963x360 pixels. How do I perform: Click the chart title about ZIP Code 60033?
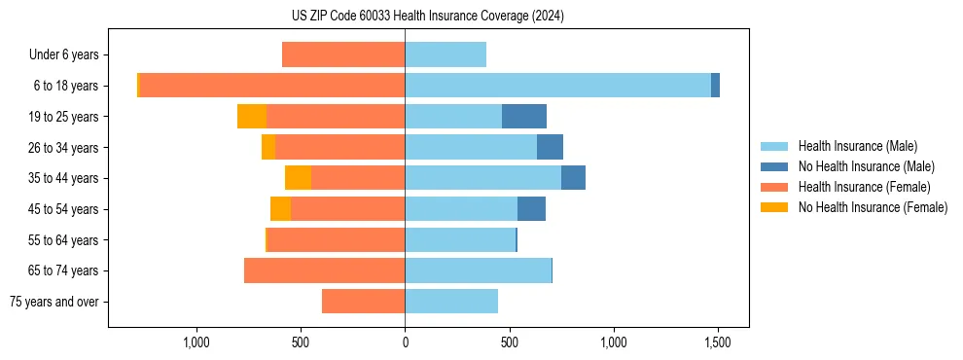(427, 17)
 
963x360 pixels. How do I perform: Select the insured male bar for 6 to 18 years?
(557, 86)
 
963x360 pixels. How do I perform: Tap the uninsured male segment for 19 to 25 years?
(524, 117)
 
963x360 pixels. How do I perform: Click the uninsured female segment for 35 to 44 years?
(298, 178)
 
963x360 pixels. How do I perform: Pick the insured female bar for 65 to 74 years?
(324, 270)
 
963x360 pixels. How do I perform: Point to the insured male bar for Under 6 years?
(446, 54)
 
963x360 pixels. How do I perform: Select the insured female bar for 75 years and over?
(363, 302)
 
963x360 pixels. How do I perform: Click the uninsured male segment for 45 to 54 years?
(531, 209)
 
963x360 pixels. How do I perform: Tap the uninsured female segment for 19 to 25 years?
(252, 117)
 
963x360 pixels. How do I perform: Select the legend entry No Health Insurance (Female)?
(873, 207)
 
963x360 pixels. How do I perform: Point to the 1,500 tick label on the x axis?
(718, 343)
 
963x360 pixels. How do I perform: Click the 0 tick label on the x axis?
(405, 343)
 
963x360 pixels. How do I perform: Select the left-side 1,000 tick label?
(196, 343)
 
